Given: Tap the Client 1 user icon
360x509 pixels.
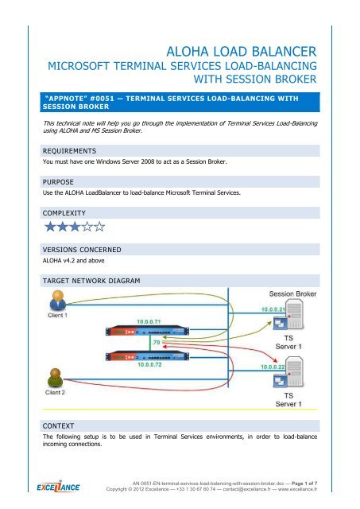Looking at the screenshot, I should tap(52, 299).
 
